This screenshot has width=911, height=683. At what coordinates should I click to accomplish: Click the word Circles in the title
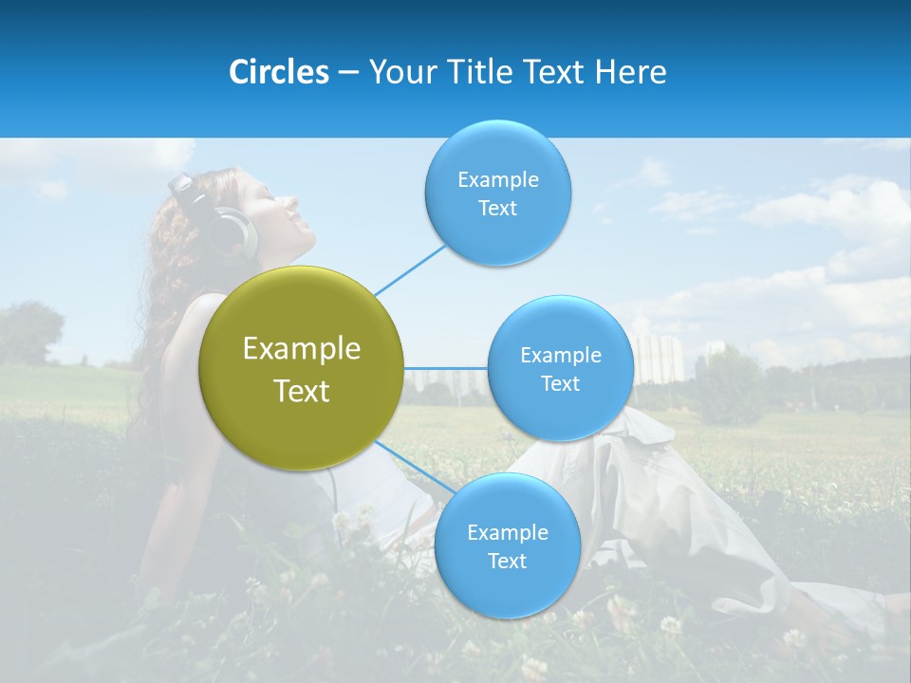pos(278,72)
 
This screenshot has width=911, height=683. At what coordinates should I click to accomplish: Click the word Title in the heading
pos(477,72)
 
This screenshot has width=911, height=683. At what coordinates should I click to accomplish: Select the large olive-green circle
pos(301,368)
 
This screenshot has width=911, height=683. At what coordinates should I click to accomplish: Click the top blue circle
pos(497,194)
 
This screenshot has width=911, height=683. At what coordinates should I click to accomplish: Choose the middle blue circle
pos(560,368)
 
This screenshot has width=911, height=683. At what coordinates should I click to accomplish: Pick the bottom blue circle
pos(507,546)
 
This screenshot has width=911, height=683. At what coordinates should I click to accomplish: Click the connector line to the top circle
pos(410,269)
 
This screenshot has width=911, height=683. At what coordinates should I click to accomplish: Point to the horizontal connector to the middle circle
pos(445,368)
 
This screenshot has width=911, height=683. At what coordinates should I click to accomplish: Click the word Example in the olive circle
pos(301,349)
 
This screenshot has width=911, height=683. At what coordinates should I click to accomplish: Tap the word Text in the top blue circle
pos(497,209)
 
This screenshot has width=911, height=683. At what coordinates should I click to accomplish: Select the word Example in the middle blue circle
pos(560,355)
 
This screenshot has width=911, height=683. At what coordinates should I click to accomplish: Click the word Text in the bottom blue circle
pos(507,562)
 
